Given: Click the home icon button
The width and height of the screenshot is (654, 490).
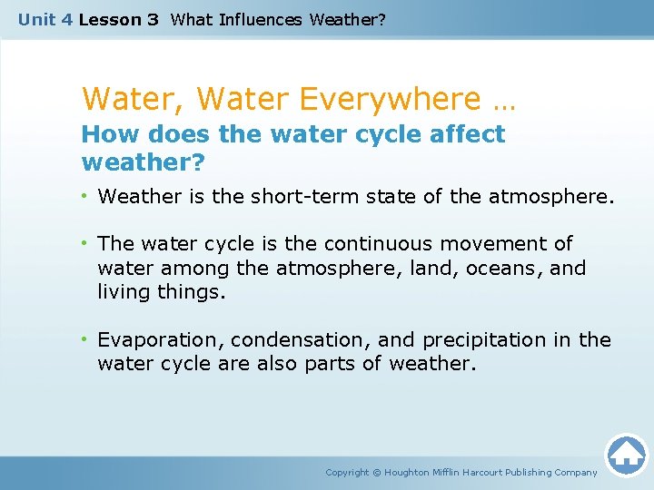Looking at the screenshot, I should [x=626, y=455].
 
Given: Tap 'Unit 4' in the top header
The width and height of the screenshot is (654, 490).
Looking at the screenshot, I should [x=45, y=19].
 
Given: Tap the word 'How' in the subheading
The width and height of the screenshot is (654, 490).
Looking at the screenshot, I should [x=108, y=134].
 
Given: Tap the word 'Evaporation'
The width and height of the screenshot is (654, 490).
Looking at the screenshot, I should [x=161, y=340].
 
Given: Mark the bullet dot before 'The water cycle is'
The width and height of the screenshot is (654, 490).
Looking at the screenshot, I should [x=87, y=244].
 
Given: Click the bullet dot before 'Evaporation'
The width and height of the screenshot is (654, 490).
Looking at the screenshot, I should [x=87, y=340].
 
